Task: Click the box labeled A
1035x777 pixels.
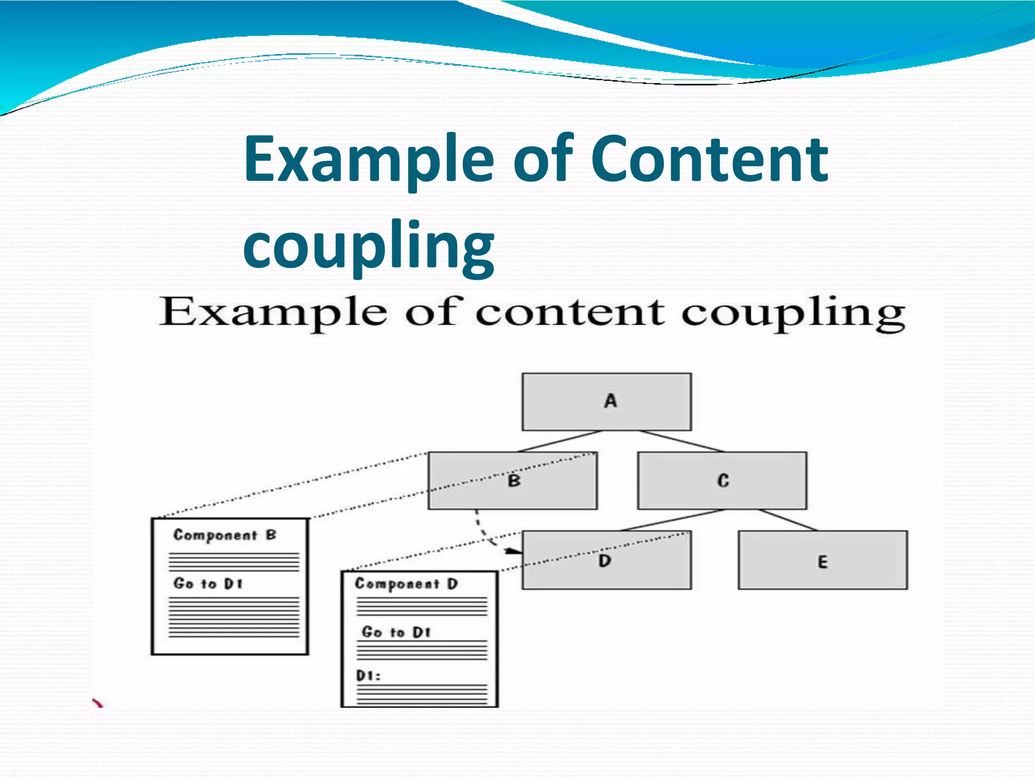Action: click(x=606, y=402)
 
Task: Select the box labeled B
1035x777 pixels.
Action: click(x=512, y=481)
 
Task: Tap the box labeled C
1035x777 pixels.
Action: click(x=722, y=481)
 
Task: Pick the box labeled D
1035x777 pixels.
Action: click(x=606, y=560)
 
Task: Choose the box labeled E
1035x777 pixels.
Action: click(x=822, y=560)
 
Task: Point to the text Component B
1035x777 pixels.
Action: click(x=225, y=535)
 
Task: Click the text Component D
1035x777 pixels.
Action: click(x=406, y=584)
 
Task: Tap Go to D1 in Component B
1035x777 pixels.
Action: click(x=208, y=584)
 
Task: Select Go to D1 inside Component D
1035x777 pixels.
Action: click(x=396, y=632)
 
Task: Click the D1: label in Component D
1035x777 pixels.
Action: click(x=368, y=676)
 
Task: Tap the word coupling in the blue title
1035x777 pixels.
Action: click(x=368, y=246)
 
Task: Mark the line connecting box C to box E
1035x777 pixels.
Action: click(x=787, y=520)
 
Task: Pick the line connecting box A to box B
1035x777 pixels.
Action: click(x=559, y=441)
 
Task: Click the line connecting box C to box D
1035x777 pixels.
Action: click(x=672, y=520)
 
